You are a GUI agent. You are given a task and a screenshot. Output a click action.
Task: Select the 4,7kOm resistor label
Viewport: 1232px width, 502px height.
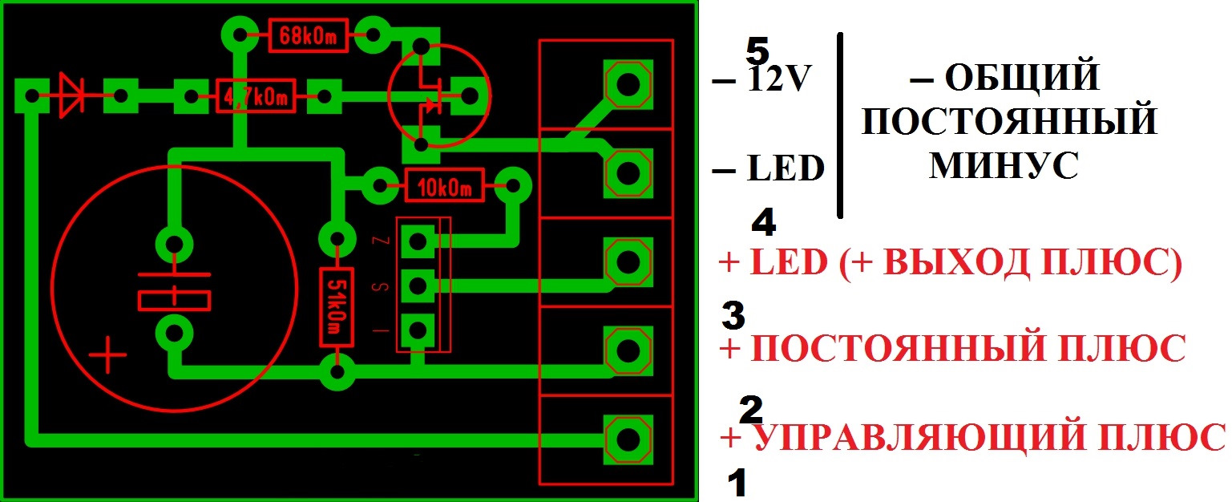tap(255, 97)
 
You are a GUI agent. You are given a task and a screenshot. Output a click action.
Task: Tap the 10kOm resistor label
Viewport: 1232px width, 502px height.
tap(444, 188)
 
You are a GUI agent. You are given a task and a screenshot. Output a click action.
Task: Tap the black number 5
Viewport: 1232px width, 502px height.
tap(757, 51)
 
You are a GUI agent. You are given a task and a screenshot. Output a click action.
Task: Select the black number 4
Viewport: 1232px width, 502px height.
tap(764, 222)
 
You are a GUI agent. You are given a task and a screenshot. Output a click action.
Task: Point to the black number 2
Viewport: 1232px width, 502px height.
tap(750, 410)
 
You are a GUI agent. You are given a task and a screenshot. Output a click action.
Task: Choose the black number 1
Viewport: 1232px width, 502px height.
tap(737, 484)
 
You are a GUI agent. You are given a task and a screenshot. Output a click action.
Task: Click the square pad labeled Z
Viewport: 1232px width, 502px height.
tap(418, 240)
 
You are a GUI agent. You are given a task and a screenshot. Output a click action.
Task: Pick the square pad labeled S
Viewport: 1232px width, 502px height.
tap(418, 285)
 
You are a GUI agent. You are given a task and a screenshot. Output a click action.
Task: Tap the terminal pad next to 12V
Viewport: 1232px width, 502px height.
tap(627, 84)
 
